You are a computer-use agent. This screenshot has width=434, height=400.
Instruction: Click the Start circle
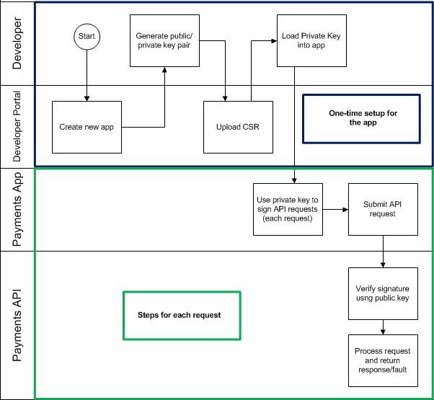click(x=87, y=35)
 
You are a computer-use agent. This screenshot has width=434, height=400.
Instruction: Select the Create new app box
click(x=87, y=127)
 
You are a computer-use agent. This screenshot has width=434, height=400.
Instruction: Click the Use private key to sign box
click(x=286, y=209)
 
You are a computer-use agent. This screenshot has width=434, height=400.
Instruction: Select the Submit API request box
click(x=382, y=209)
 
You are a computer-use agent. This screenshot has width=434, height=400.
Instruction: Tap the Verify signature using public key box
click(x=382, y=294)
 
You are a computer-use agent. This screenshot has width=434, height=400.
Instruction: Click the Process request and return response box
click(x=382, y=360)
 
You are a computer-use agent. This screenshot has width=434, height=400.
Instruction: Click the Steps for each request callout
click(x=181, y=315)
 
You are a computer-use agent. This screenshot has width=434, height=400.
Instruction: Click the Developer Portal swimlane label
click(x=18, y=127)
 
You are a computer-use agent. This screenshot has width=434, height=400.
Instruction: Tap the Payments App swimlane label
click(x=18, y=209)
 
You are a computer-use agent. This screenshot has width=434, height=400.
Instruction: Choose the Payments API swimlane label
click(x=18, y=324)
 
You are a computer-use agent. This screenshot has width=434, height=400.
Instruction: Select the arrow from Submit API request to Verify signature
click(x=382, y=251)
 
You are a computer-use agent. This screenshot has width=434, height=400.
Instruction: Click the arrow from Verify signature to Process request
click(x=382, y=328)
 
